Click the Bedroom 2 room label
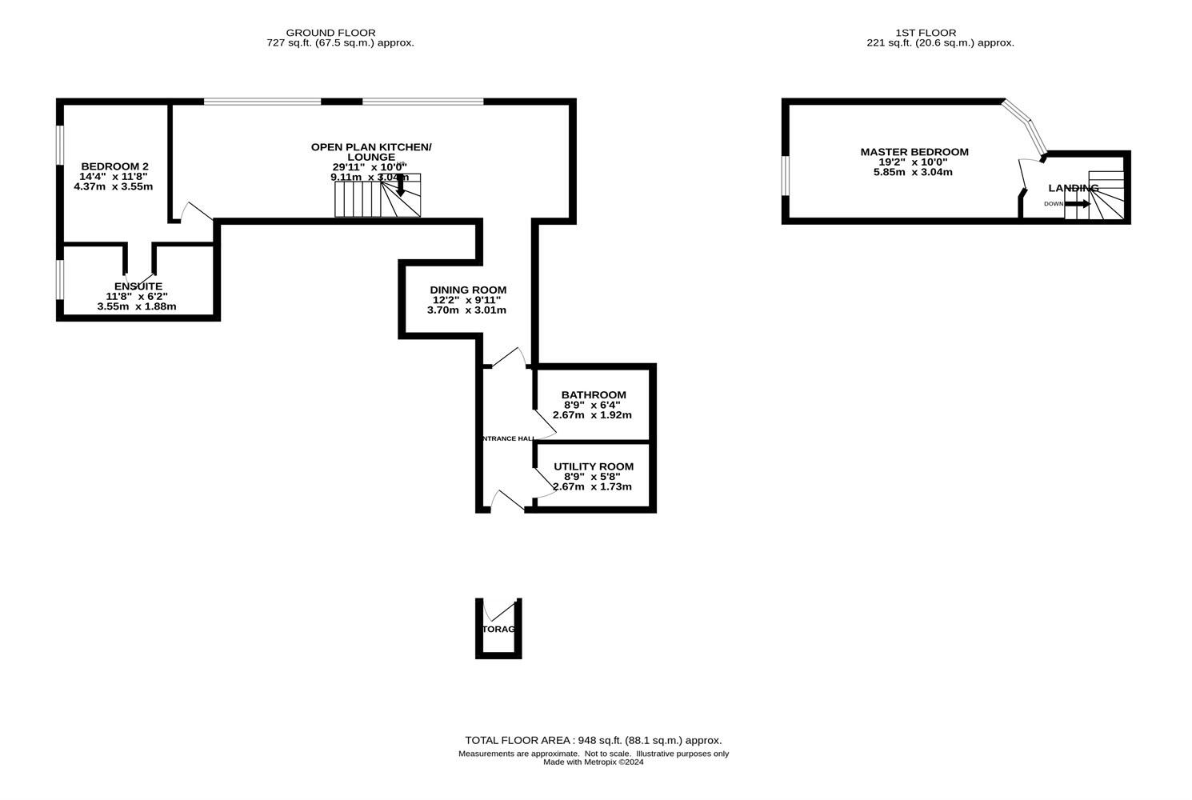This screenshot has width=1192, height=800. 114,166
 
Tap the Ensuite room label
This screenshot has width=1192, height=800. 138,286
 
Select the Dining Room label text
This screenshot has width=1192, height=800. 468,290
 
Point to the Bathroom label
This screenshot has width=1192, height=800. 594,395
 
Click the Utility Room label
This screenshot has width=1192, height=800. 594,467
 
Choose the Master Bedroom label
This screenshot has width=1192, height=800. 914,152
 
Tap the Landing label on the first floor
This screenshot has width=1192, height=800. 1074,189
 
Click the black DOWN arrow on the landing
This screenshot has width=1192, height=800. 1078,204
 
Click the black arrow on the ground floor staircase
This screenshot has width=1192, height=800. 400,186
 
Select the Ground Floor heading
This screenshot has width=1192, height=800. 342,33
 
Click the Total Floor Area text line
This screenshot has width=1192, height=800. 593,741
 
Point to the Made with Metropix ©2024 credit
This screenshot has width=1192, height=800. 593,762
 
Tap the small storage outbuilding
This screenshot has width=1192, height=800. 498,629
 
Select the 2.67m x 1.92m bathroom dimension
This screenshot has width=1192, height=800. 592,415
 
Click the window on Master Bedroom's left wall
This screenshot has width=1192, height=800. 786,175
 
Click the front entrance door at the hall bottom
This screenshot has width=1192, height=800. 507,502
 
